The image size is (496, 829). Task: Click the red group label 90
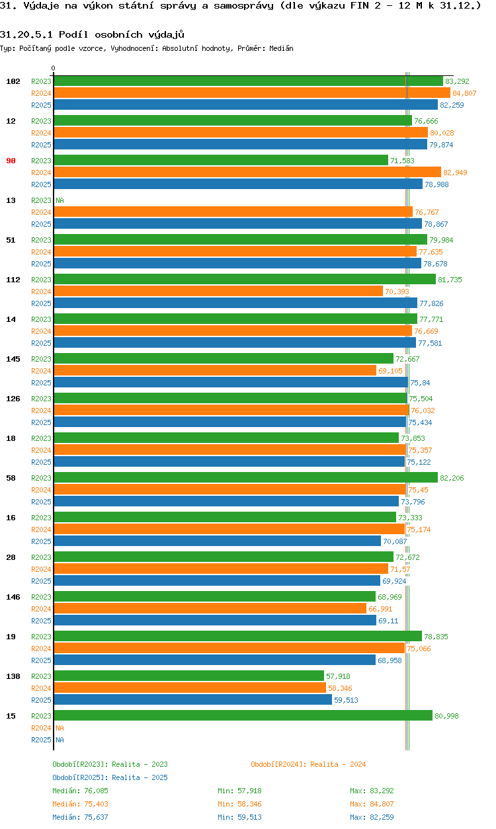point(11,161)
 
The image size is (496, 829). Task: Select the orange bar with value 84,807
point(251,93)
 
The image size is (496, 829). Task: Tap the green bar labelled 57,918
point(188,676)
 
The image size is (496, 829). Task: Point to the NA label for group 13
point(60,200)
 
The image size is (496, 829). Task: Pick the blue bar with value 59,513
point(192,700)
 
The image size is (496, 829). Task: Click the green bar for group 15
point(243,716)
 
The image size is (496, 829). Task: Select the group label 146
point(13,597)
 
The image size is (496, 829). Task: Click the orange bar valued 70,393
point(218,292)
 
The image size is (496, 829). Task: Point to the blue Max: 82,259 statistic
point(374,817)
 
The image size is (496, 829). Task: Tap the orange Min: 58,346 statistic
point(240,804)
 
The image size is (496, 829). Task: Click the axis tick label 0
point(54,68)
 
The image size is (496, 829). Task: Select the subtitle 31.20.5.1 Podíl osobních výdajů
point(92,34)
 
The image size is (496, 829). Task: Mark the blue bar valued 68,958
point(214,660)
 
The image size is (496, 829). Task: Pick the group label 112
point(13,280)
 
